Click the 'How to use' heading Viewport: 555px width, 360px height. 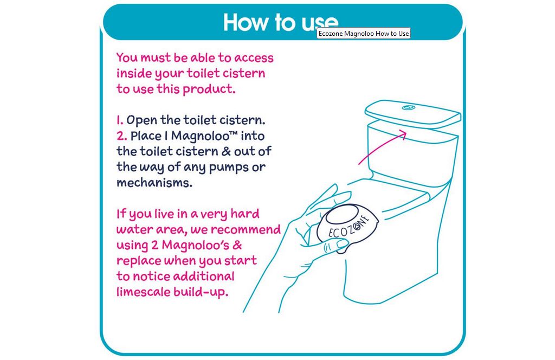pos(281,22)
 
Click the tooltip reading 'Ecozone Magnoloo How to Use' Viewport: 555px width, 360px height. pos(364,33)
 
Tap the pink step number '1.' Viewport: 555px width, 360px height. pos(120,120)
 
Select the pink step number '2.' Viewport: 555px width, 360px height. pos(122,136)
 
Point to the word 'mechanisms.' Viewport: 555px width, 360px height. pos(154,183)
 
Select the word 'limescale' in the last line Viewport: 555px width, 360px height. pos(143,292)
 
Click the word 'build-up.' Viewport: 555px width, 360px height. pos(201,292)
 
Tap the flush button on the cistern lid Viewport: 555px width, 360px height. pos(409,107)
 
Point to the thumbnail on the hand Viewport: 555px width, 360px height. pos(343,243)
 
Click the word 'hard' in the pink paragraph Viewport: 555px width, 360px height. pos(245,214)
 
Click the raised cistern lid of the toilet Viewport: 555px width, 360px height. pos(412,114)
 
